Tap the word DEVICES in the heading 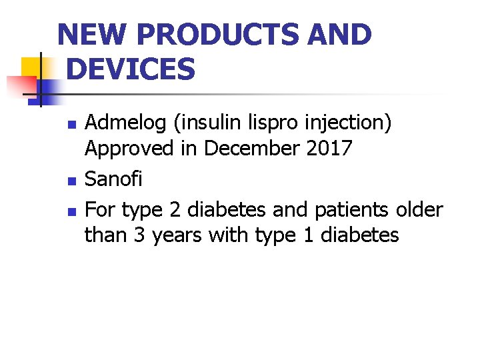131,69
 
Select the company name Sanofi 113,179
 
